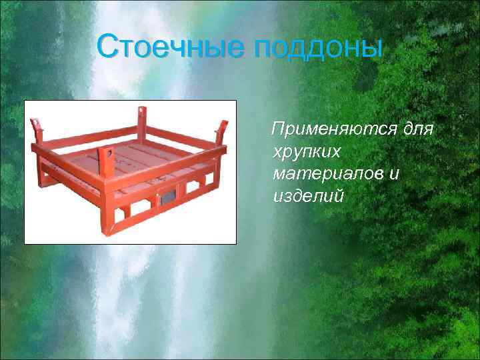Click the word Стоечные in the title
tap(173, 47)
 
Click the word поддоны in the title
tap(319, 48)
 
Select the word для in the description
tap(419, 129)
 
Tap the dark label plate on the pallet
tap(165, 198)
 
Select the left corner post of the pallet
tap(39, 133)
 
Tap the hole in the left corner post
tap(37, 124)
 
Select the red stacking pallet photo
tap(130, 172)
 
